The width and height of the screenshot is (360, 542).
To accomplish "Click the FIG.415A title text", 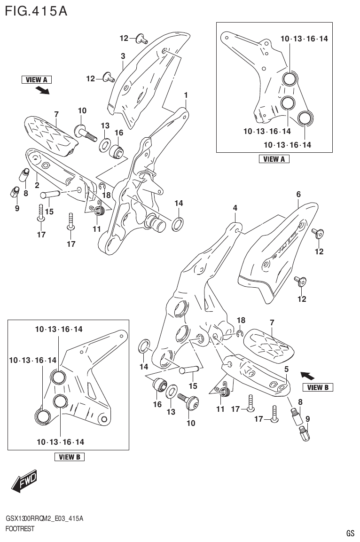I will pyautogui.click(x=36, y=10).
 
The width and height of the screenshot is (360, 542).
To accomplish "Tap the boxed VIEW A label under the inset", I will pyautogui.click(x=274, y=159).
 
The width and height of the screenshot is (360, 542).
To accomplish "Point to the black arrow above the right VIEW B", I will pyautogui.click(x=308, y=376).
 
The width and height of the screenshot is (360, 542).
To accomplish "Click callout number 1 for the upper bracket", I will pyautogui.click(x=186, y=95).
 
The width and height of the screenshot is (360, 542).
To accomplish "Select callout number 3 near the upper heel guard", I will pyautogui.click(x=123, y=56).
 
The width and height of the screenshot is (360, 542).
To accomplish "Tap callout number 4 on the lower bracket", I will pyautogui.click(x=235, y=208).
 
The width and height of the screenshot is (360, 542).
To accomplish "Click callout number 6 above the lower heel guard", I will pyautogui.click(x=298, y=194).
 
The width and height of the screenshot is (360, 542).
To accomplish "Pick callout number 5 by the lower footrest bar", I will pyautogui.click(x=286, y=369).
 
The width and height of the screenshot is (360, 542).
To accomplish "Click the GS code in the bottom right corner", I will pyautogui.click(x=350, y=533).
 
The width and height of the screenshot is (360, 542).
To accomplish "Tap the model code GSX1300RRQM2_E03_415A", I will pyautogui.click(x=45, y=518).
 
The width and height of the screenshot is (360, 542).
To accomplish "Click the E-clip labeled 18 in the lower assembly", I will pyautogui.click(x=239, y=334).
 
